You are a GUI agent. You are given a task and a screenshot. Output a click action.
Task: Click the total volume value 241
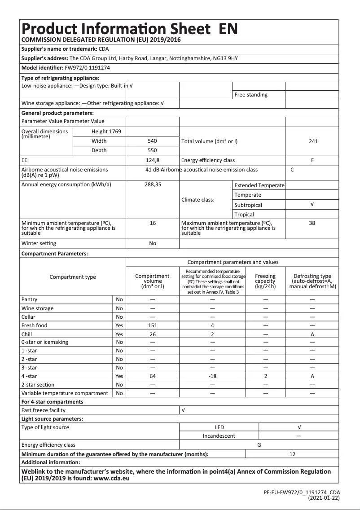pos(313,141)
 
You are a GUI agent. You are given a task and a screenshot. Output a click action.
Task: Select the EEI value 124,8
pos(152,160)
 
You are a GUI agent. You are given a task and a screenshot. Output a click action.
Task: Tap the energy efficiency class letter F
pos(312,160)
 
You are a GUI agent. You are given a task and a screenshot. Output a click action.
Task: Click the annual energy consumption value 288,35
pos(153,185)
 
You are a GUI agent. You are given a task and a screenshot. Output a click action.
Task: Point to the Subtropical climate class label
pos(248,205)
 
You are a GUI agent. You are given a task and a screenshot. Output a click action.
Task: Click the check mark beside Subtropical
pos(312,204)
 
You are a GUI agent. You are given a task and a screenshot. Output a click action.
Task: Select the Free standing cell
pos(250,95)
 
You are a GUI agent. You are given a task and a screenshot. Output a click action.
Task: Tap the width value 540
pos(152,141)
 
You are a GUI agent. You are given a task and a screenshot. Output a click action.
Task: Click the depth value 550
pos(152,150)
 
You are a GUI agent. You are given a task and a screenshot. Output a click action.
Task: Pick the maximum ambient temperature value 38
pos(312,223)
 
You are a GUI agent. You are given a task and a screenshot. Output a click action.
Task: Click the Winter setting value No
pos(152,243)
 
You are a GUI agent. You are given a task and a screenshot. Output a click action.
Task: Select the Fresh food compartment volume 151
pos(152,325)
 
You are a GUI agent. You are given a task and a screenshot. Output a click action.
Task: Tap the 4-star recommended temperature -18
pos(212,376)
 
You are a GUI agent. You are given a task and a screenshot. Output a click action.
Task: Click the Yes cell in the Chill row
pos(119,334)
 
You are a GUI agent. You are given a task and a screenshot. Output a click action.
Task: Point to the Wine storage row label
pos(37,308)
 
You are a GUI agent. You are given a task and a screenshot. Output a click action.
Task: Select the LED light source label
pos(219,427)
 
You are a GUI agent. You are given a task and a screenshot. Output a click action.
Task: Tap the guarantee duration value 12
pos(292,454)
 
